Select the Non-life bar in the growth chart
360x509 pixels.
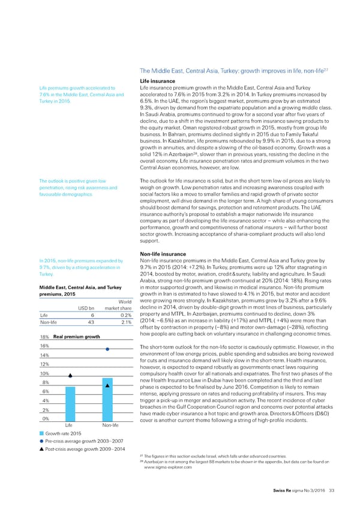[x=107, y=384]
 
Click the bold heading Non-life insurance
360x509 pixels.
[x=164, y=254]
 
